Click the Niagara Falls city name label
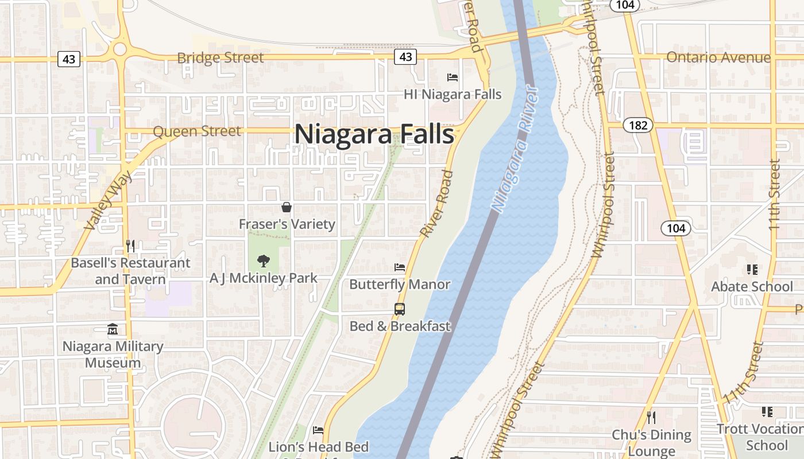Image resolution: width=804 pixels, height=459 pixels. (374, 134)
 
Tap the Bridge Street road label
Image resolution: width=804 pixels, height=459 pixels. (220, 58)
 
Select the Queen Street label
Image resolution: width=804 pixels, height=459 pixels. (197, 131)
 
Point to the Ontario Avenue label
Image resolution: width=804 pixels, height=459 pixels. (718, 57)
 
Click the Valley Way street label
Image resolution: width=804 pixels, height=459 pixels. (108, 201)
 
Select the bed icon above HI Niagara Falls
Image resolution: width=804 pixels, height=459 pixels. (453, 77)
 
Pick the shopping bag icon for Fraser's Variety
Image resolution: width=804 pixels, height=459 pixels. (287, 207)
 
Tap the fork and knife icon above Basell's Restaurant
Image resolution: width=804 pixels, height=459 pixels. (130, 246)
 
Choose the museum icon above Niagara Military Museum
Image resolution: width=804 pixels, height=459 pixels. (113, 329)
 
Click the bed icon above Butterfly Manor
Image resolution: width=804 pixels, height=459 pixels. (400, 267)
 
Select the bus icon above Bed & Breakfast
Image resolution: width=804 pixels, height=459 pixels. (400, 309)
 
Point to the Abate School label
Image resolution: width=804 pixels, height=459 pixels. (752, 286)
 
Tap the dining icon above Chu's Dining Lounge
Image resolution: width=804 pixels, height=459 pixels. (651, 417)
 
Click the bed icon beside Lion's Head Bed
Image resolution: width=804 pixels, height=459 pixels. (318, 430)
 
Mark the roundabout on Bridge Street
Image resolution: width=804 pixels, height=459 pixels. (119, 49)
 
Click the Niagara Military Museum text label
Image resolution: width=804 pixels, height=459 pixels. (113, 355)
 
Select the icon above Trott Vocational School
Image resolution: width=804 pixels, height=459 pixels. (767, 411)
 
